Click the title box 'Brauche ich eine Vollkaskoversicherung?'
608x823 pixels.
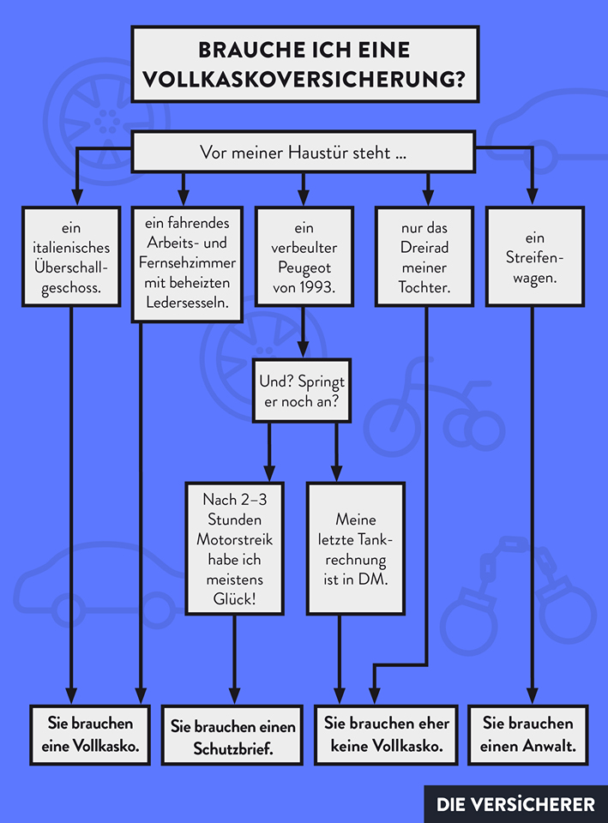[x=304, y=64]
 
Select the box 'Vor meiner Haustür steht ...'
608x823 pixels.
[x=303, y=153]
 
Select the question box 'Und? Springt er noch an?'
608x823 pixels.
[x=302, y=391]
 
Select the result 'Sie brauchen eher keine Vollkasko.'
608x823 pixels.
[x=387, y=735]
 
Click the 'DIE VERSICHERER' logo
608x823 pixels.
[x=515, y=804]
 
